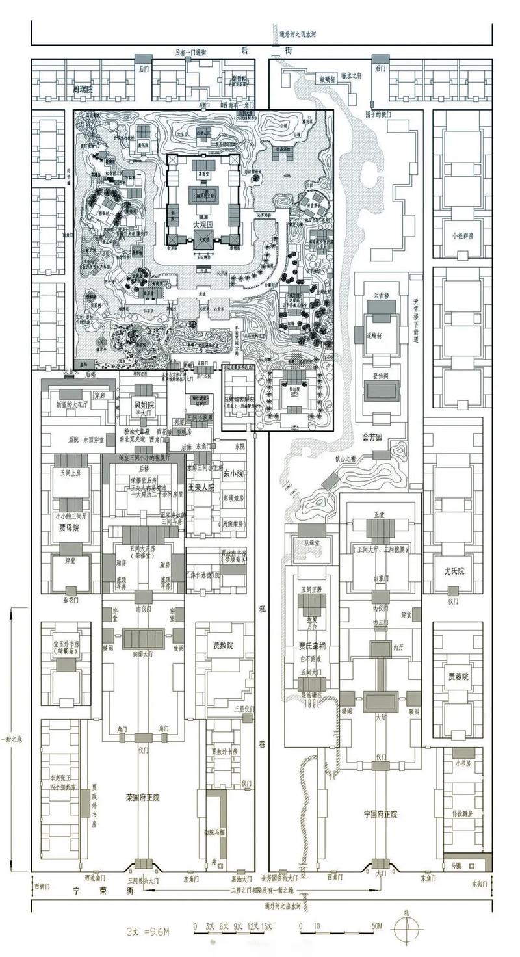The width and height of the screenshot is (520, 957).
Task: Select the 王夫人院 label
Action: pyautogui.click(x=201, y=487)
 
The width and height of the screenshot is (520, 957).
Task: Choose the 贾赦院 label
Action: pyautogui.click(x=223, y=646)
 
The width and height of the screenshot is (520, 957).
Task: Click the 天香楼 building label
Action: pyautogui.click(x=381, y=296)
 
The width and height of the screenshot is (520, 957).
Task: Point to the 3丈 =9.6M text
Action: pyautogui.click(x=148, y=931)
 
